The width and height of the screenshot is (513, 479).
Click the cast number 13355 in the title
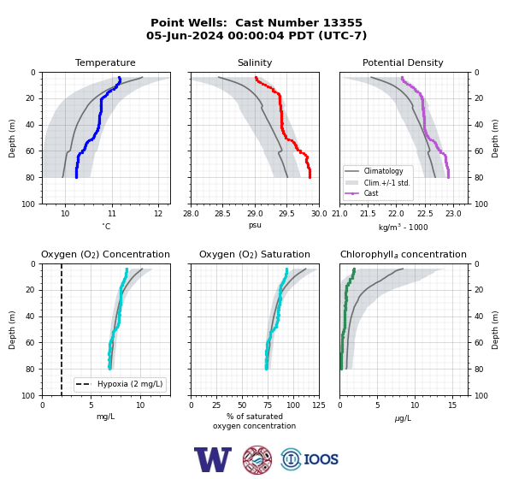tap(343, 23)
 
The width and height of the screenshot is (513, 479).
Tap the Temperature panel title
tap(105, 62)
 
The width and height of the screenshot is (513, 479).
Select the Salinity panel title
tap(255, 62)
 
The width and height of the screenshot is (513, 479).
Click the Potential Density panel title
tap(403, 62)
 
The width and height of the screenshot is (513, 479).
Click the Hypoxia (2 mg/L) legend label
tap(130, 384)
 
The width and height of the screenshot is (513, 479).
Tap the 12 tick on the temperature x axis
tap(158, 214)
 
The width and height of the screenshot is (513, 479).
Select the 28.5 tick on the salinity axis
tap(222, 214)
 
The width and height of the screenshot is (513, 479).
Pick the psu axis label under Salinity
tap(255, 225)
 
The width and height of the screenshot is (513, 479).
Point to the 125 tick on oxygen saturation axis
tap(319, 405)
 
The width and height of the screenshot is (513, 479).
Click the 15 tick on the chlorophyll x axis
tap(452, 405)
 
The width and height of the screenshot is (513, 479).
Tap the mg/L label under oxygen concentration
tap(105, 417)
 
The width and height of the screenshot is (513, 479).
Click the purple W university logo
tap(213, 459)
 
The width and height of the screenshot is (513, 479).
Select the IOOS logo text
tap(321, 459)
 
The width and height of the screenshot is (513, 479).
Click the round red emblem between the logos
tap(257, 459)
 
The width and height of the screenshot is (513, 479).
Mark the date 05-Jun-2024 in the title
tap(185, 35)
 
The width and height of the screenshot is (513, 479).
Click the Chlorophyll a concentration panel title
tap(403, 254)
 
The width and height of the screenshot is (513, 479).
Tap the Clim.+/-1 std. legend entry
tap(377, 183)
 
